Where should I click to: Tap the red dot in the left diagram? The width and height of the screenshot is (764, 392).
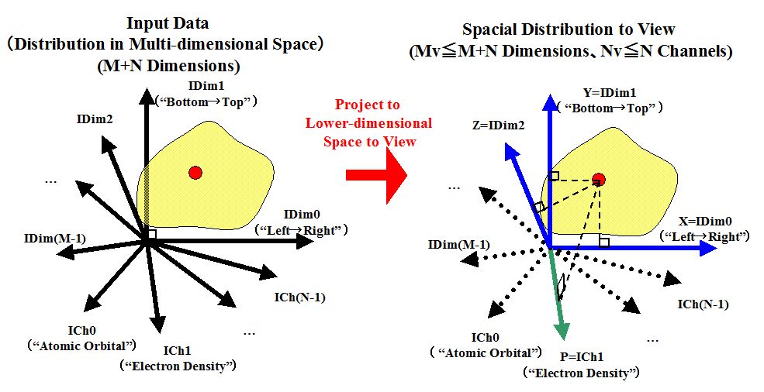pyautogui.click(x=195, y=172)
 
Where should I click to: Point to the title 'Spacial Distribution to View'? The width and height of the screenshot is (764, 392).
pyautogui.click(x=569, y=30)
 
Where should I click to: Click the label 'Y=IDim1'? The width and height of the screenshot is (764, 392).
pyautogui.click(x=609, y=92)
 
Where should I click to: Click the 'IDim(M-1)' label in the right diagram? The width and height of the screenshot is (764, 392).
pyautogui.click(x=458, y=245)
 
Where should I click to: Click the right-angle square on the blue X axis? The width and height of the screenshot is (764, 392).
pyautogui.click(x=604, y=242)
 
